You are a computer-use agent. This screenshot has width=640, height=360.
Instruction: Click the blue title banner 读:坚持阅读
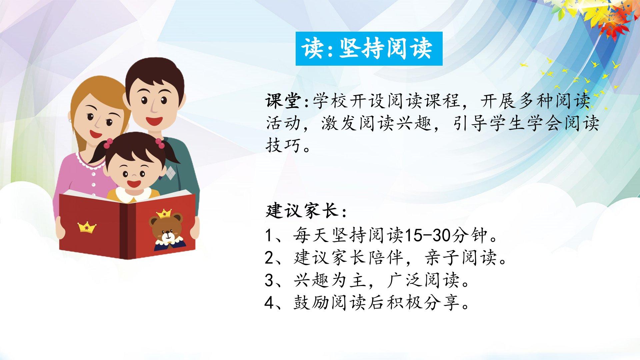[369, 49]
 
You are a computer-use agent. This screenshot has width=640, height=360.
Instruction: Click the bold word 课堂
[284, 101]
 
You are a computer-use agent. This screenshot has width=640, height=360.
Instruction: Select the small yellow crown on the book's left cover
[87, 227]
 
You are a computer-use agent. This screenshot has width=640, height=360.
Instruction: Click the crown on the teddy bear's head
[164, 213]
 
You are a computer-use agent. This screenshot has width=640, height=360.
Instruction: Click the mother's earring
[70, 120]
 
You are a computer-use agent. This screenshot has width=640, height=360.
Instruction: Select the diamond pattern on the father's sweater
[170, 173]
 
